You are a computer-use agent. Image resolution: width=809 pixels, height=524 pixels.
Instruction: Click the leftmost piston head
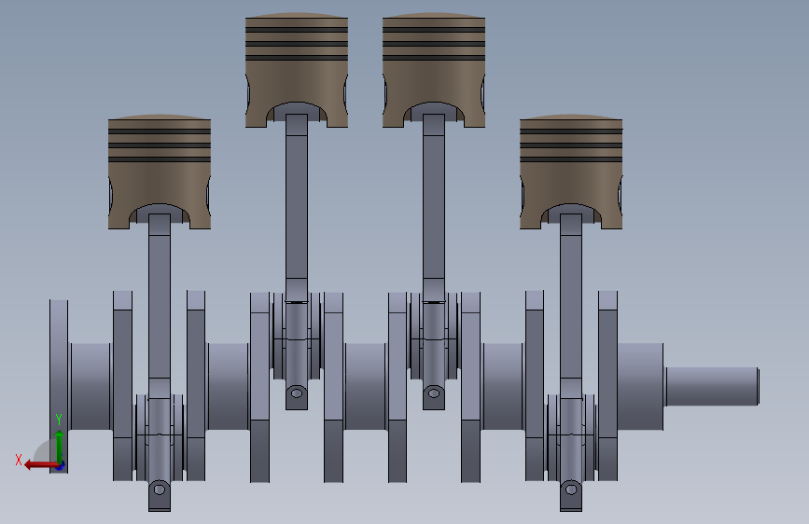click(x=160, y=172)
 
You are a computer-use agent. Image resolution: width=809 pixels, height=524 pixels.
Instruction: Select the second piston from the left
click(x=297, y=70)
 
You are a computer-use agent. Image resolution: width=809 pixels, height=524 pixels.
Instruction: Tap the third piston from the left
click(x=434, y=70)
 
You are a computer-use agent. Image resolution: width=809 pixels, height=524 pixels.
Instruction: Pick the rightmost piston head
click(x=571, y=172)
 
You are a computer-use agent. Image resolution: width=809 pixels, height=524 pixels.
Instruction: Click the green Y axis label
click(x=59, y=420)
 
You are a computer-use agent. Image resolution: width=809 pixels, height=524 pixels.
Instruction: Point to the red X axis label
click(x=19, y=460)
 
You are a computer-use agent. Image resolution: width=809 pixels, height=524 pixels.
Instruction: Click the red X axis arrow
click(x=42, y=465)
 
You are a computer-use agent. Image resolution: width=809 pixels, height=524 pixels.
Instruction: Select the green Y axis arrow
click(x=60, y=448)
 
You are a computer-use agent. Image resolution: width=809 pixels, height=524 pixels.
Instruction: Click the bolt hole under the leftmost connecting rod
click(x=160, y=489)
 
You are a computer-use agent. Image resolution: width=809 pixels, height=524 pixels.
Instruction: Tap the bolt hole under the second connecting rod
click(x=297, y=393)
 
